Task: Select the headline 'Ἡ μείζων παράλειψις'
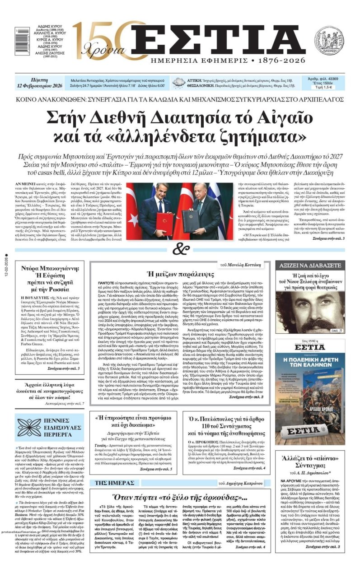coord(180,274)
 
